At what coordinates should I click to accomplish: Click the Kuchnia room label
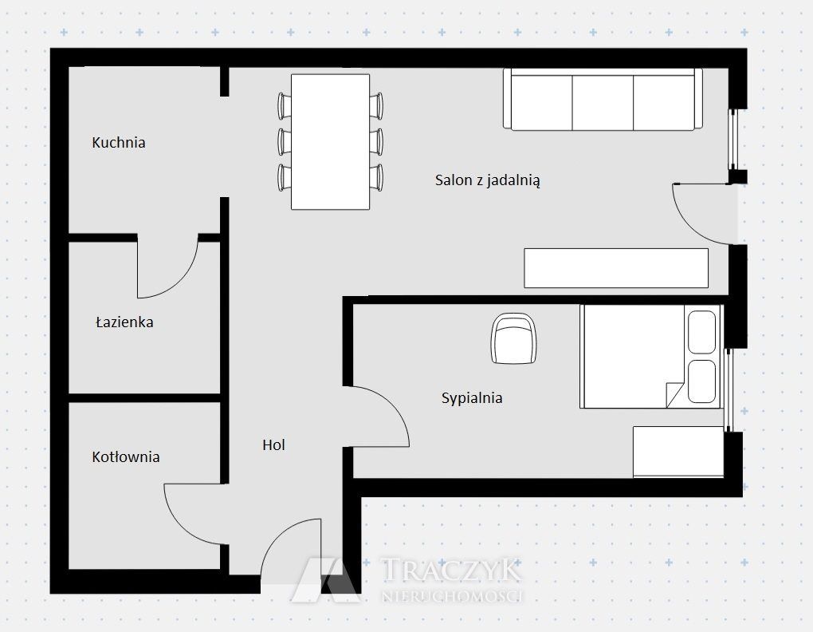pyautogui.click(x=118, y=142)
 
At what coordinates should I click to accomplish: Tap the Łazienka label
pyautogui.click(x=124, y=322)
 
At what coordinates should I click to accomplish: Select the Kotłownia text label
pyautogui.click(x=125, y=456)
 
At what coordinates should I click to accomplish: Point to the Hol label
pyautogui.click(x=273, y=444)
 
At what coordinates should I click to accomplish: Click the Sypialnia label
pyautogui.click(x=472, y=398)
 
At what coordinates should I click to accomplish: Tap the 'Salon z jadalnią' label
pyautogui.click(x=487, y=180)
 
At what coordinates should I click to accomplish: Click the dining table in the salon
pyautogui.click(x=330, y=142)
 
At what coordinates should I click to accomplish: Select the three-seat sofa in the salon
pyautogui.click(x=603, y=100)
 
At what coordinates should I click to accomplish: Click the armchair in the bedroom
pyautogui.click(x=513, y=338)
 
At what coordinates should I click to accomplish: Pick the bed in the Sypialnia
pyautogui.click(x=651, y=357)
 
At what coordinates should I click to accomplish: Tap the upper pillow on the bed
pyautogui.click(x=701, y=332)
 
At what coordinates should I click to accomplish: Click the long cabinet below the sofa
pyautogui.click(x=616, y=268)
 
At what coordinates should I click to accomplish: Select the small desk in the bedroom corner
pyautogui.click(x=678, y=452)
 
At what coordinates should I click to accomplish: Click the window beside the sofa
pyautogui.click(x=733, y=139)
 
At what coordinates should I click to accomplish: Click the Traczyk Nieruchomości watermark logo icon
pyautogui.click(x=326, y=580)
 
